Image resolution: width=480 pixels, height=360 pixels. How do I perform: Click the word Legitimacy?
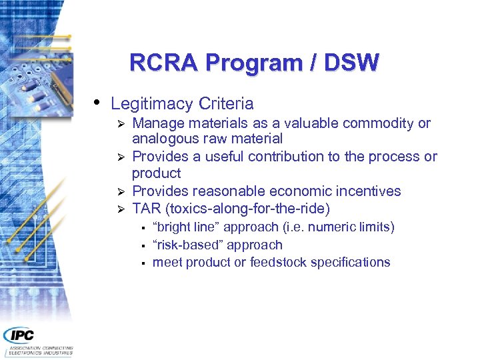click(151, 104)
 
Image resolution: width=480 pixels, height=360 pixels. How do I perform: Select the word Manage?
click(157, 123)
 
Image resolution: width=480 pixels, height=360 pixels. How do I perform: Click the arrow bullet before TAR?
click(121, 209)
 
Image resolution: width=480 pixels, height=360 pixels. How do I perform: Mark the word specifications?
click(351, 262)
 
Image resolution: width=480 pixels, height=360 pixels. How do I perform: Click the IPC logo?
click(20, 335)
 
